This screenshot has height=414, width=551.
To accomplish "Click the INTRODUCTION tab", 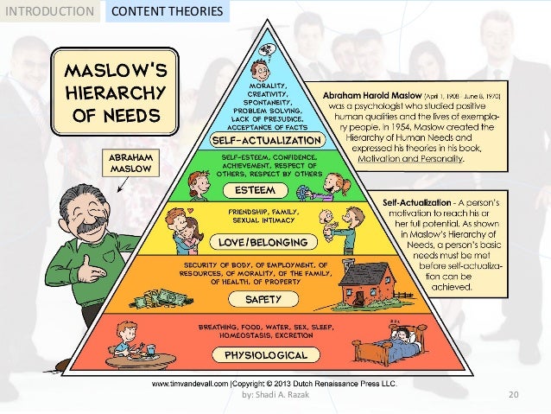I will tap(47, 12).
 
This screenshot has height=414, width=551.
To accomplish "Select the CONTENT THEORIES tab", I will tap(168, 12).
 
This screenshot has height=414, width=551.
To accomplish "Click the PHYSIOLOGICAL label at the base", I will tap(266, 355).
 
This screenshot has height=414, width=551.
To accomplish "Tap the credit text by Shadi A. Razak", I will tap(275, 395).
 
